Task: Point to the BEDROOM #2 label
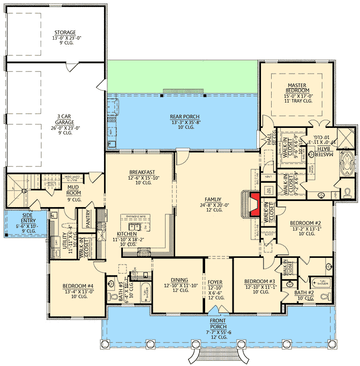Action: [x=305, y=223]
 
